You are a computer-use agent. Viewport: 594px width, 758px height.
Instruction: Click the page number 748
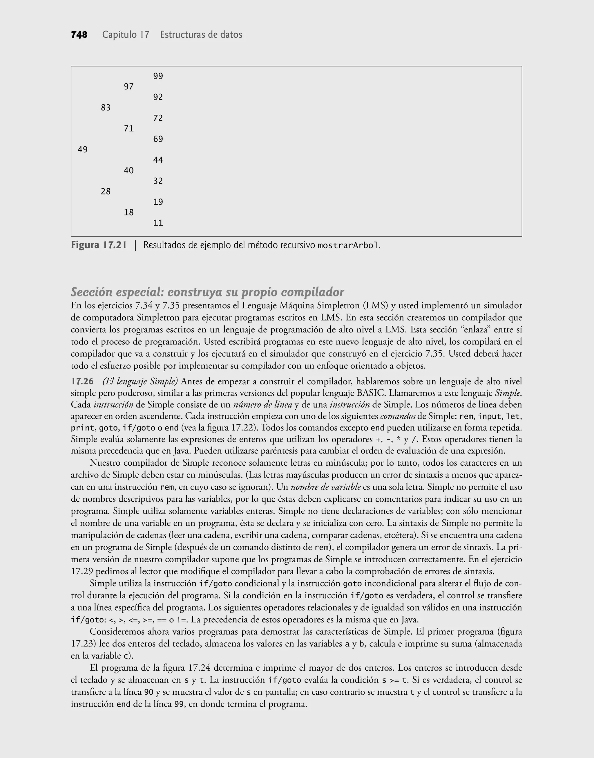tap(79, 35)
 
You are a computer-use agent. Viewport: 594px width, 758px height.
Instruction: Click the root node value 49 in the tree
tap(83, 150)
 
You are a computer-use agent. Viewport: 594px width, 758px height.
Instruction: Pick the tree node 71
tap(129, 129)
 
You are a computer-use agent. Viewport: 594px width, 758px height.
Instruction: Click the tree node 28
tap(106, 191)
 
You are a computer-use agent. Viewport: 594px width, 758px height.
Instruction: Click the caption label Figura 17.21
tap(99, 245)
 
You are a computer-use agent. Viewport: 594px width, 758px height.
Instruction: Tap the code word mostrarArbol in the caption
tap(348, 246)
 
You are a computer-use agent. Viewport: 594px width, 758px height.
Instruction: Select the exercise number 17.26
tap(82, 381)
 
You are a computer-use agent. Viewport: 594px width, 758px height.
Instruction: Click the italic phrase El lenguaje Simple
tap(140, 381)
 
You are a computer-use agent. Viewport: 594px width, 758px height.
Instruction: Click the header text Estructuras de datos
tap(201, 35)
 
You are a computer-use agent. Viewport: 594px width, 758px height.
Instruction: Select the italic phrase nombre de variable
tap(325, 487)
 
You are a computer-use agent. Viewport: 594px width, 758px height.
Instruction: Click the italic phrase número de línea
tap(262, 405)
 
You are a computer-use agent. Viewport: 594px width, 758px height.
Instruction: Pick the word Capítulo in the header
tap(119, 35)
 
